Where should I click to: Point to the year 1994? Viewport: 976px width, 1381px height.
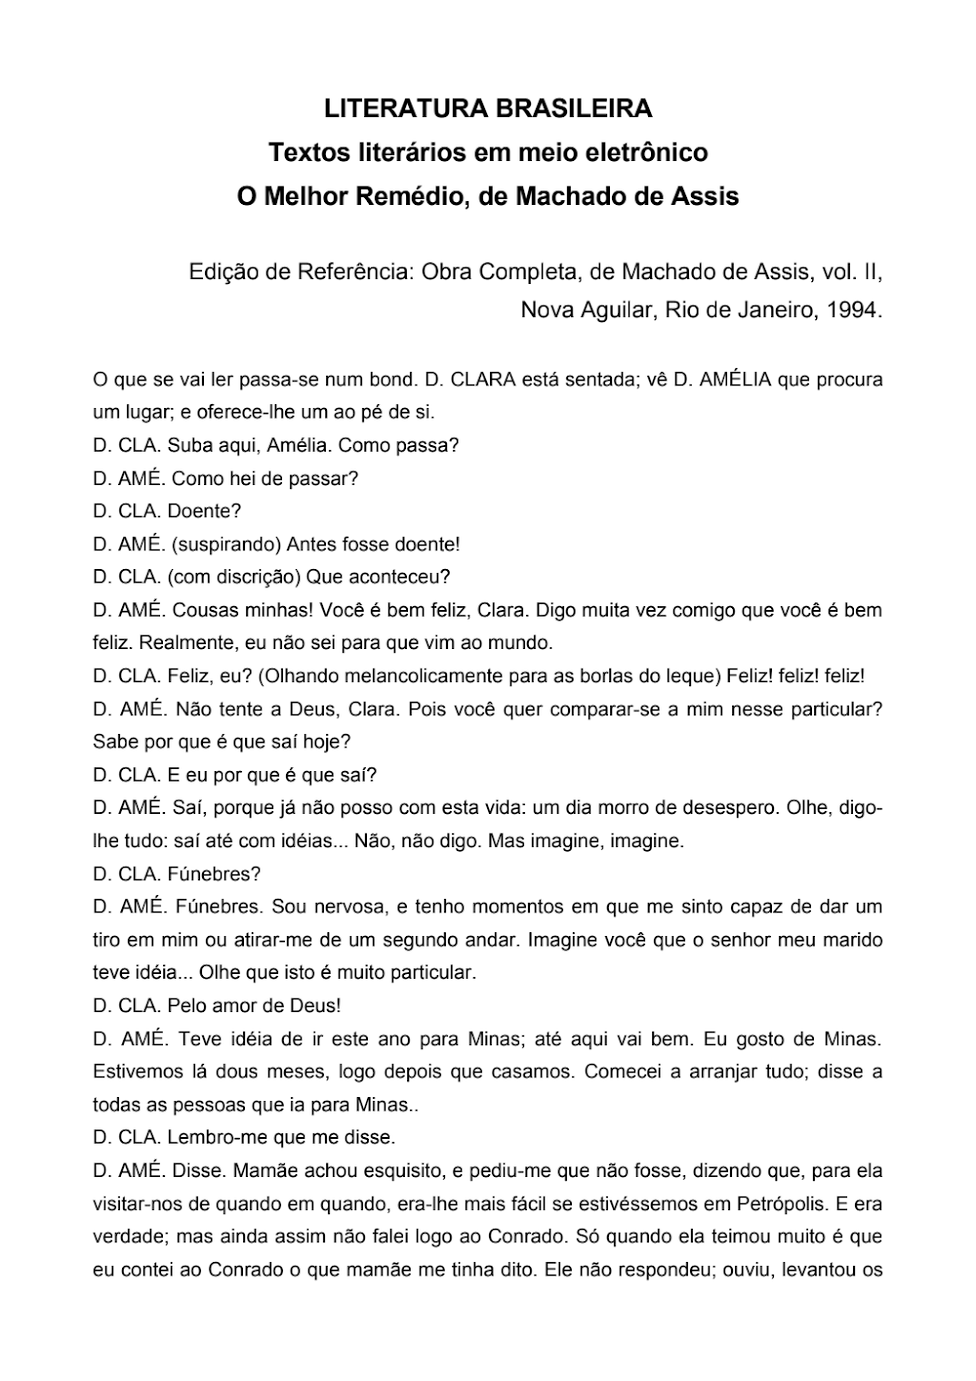pyautogui.click(x=853, y=310)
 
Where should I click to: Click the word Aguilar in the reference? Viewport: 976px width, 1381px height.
pyautogui.click(x=621, y=310)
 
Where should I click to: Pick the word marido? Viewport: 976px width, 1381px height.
pyautogui.click(x=849, y=940)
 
